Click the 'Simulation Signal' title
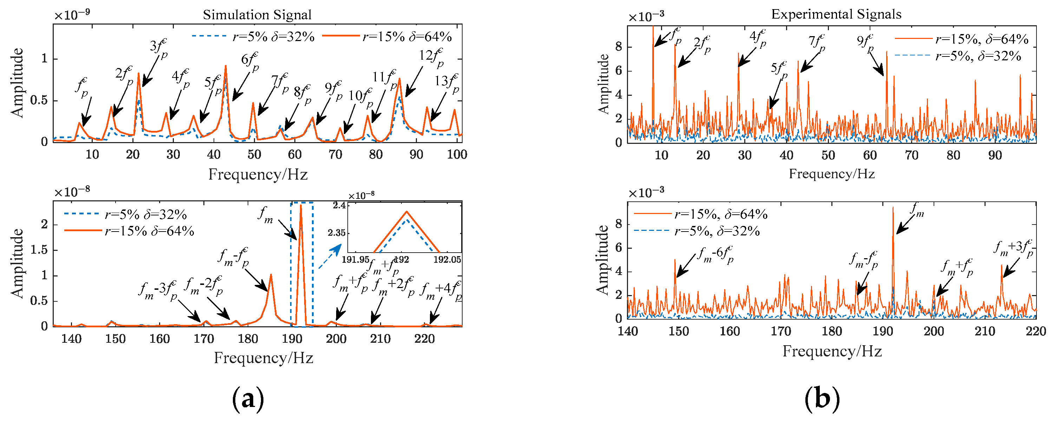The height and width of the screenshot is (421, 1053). [257, 15]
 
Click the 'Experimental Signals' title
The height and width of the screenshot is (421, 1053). [836, 14]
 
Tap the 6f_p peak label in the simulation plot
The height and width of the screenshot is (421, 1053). [249, 60]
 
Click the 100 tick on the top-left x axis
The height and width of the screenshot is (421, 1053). [457, 155]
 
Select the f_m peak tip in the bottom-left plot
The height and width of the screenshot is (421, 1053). [301, 205]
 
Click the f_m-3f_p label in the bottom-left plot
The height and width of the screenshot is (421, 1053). [157, 290]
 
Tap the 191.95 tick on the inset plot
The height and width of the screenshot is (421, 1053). [355, 260]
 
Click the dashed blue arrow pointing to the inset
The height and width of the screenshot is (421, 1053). [329, 257]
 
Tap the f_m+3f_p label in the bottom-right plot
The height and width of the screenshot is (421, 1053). [1013, 248]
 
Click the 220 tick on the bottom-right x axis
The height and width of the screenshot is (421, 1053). [1035, 331]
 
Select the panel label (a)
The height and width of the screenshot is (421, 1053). [248, 399]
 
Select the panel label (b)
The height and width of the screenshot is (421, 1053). [822, 399]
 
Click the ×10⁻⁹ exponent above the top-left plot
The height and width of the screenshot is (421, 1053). [72, 15]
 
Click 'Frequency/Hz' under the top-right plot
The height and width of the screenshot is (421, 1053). [831, 174]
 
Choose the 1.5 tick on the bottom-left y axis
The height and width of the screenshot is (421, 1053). [39, 250]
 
